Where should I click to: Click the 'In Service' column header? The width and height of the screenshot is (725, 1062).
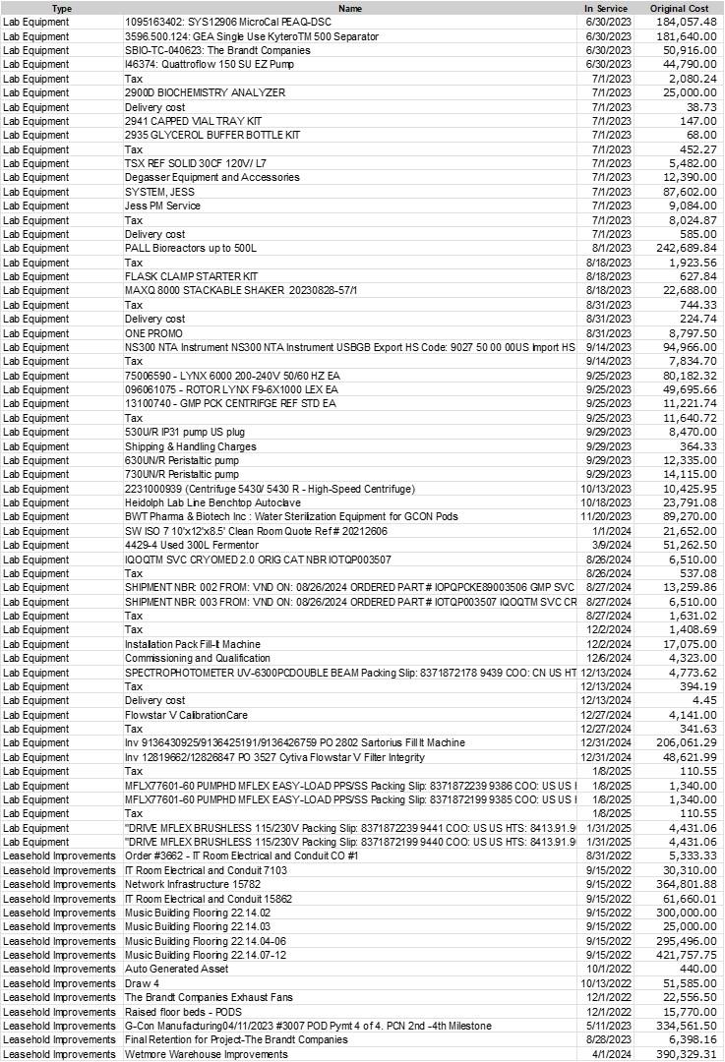click(x=607, y=8)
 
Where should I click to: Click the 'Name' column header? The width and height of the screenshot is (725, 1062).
click(x=350, y=8)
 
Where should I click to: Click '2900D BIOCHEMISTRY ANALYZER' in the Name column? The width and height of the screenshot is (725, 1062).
click(x=205, y=92)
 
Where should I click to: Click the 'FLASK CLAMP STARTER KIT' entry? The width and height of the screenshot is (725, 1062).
click(x=191, y=276)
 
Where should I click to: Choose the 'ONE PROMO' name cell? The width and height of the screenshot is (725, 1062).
click(x=153, y=333)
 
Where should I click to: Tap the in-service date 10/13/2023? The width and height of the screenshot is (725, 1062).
click(x=604, y=489)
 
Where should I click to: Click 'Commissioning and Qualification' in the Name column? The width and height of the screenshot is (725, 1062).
click(x=197, y=658)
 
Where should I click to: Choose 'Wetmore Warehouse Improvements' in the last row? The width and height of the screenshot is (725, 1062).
click(x=206, y=1054)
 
